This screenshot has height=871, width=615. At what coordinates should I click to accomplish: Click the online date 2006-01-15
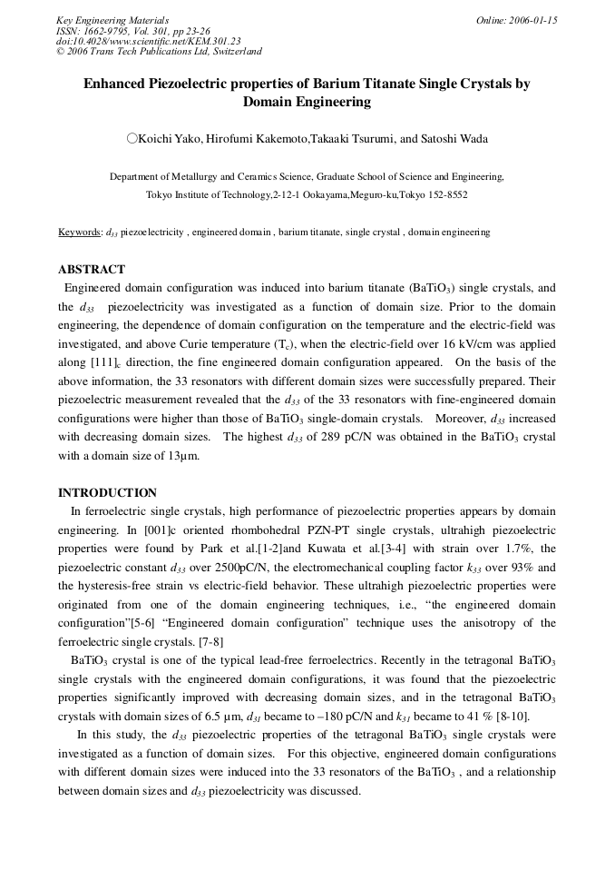(529, 20)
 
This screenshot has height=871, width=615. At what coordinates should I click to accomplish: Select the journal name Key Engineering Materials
(112, 20)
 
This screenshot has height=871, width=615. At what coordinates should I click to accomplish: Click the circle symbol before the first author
(132, 139)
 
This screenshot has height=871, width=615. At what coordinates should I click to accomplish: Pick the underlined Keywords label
(79, 233)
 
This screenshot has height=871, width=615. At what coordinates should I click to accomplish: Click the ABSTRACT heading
(91, 270)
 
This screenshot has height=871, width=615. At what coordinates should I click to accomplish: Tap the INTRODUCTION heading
(107, 493)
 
